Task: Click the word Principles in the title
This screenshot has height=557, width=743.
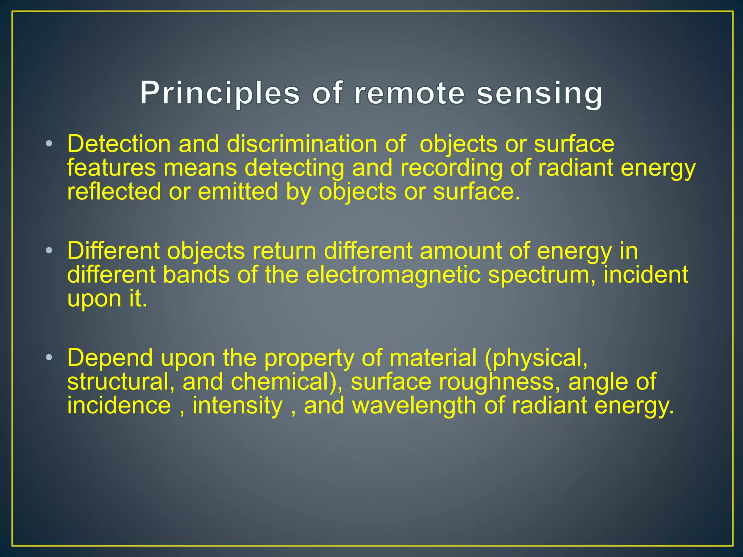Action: point(220,93)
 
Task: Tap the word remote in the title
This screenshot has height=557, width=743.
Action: point(409,93)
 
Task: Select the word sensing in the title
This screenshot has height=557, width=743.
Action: point(539,93)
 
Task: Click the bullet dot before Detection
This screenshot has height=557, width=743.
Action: point(49,144)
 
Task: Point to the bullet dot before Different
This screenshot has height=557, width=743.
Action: point(49,251)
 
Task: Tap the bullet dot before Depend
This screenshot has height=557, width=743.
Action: point(49,358)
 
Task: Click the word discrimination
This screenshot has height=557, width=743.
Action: point(302,144)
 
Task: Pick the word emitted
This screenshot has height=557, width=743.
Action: point(238,191)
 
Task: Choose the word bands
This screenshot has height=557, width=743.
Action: point(196,275)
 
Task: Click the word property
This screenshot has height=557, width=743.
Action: point(309,359)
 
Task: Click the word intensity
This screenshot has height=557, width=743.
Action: point(237,405)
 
